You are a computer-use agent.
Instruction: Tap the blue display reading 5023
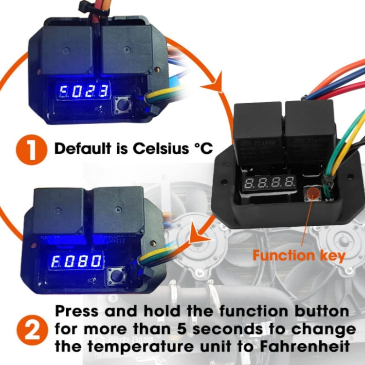82,91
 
